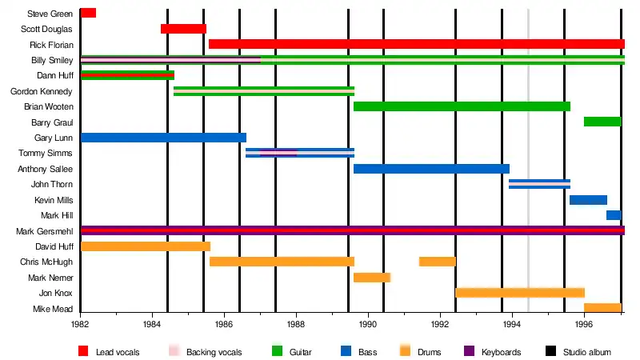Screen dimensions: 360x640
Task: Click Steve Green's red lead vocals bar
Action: pos(88,13)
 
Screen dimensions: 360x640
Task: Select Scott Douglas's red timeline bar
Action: pos(183,29)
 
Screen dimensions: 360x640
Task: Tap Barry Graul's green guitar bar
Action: pos(602,122)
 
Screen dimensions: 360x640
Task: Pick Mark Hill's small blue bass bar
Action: pos(614,215)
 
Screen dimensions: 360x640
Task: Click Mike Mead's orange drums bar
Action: pos(602,308)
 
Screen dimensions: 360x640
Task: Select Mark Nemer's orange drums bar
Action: pos(372,278)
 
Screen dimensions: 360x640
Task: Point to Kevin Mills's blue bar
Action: pos(588,200)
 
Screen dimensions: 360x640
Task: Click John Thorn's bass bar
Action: pos(539,184)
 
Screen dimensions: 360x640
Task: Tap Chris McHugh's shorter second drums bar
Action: pos(437,262)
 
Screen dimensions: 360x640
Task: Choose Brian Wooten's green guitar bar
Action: pos(462,106)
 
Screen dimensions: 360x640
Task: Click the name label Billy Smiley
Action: pos(53,60)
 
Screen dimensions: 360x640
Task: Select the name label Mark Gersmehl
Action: pos(45,231)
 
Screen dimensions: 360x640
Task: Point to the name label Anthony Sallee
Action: pos(46,169)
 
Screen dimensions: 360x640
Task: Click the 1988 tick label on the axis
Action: pos(296,325)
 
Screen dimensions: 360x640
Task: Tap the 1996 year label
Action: pos(584,325)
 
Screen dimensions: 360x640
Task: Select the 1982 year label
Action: pos(80,325)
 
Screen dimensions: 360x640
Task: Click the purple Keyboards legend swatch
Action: pos(469,351)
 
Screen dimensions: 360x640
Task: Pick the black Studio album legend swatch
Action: pos(550,351)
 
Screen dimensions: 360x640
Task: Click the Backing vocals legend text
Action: pos(210,352)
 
